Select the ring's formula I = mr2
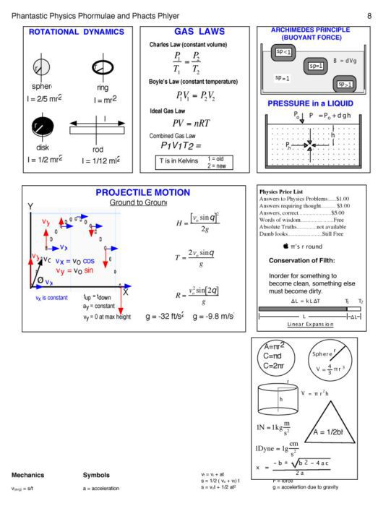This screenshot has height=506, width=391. click(x=102, y=99)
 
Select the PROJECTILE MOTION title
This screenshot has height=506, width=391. click(x=142, y=193)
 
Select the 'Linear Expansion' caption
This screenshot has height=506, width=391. click(x=310, y=325)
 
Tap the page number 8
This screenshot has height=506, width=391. click(x=369, y=16)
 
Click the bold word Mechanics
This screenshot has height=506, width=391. click(x=27, y=475)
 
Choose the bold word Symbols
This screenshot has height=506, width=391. click(x=96, y=475)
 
